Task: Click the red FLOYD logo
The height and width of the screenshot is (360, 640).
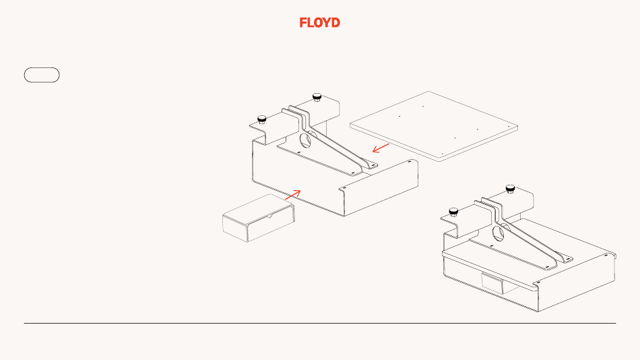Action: coord(320,22)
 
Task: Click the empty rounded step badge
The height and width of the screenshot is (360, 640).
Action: coord(42,75)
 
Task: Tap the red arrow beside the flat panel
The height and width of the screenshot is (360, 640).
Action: coord(381,146)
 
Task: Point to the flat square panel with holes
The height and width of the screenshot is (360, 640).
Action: coord(435,124)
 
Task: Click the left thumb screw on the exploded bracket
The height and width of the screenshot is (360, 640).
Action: coord(262,119)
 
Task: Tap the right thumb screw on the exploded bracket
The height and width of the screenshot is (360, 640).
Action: coord(316,96)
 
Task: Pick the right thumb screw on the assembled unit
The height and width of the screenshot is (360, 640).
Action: coord(510,187)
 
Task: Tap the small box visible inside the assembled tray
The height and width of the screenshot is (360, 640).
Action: coord(492,283)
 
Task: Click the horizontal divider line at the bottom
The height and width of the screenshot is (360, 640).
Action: coord(320,323)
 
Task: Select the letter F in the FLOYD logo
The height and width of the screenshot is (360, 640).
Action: coord(303,22)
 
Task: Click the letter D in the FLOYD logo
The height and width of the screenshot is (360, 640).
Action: coord(335,22)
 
